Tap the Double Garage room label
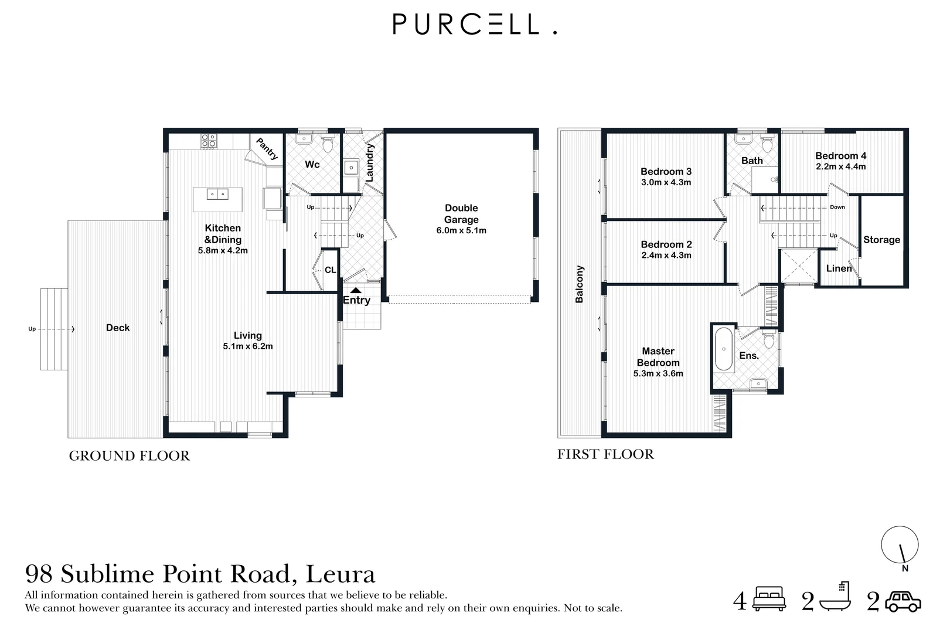pyautogui.click(x=461, y=214)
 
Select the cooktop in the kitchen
pyautogui.click(x=209, y=141)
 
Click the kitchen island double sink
pyautogui.click(x=217, y=194)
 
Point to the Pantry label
pyautogui.click(x=267, y=149)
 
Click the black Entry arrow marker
pyautogui.click(x=356, y=290)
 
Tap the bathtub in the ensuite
pyautogui.click(x=724, y=349)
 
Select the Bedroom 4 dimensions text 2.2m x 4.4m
pyautogui.click(x=840, y=166)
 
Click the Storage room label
pyautogui.click(x=881, y=240)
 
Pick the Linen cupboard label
pyautogui.click(x=839, y=268)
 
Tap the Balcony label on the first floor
pyautogui.click(x=580, y=284)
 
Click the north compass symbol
pyautogui.click(x=900, y=545)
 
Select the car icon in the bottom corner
pyautogui.click(x=903, y=601)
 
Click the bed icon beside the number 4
pyautogui.click(x=769, y=600)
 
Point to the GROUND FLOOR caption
pyautogui.click(x=129, y=456)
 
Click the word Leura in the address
pyautogui.click(x=340, y=574)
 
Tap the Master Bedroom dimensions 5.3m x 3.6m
pyautogui.click(x=658, y=373)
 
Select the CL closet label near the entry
pyautogui.click(x=331, y=270)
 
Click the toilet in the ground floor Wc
pyautogui.click(x=328, y=144)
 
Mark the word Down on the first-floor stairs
pyautogui.click(x=837, y=207)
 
